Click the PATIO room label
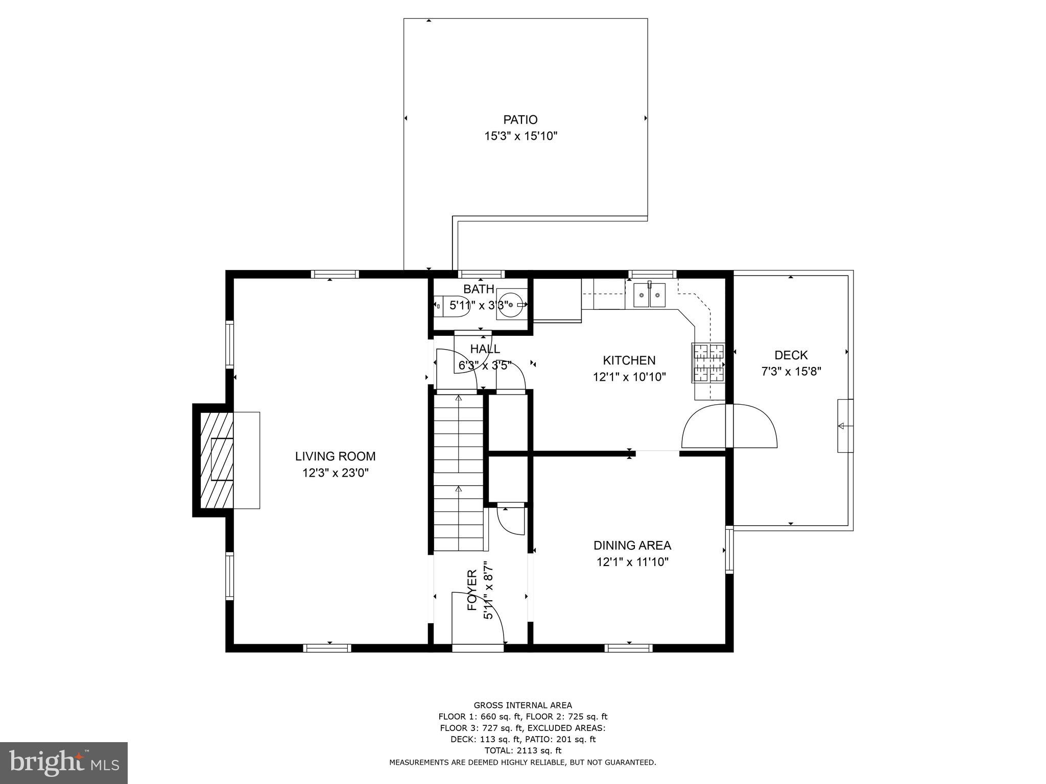point(520,119)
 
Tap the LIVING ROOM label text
point(335,456)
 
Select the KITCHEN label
point(629,360)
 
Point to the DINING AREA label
point(632,545)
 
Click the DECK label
point(791,355)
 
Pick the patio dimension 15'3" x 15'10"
point(520,136)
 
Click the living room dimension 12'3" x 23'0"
point(336,473)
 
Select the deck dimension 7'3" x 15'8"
point(791,372)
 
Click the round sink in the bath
point(511,304)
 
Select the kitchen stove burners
point(708,362)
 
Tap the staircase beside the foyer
point(459,472)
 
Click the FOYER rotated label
point(472,591)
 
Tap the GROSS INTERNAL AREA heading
point(522,706)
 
